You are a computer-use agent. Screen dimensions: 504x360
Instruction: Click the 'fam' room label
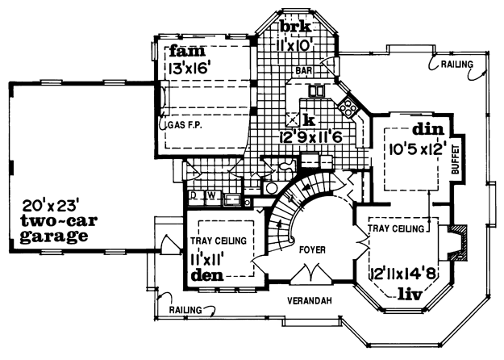pos(187,52)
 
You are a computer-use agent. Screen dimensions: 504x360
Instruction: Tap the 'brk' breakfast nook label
pos(295,27)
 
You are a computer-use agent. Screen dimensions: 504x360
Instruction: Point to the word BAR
pos(304,70)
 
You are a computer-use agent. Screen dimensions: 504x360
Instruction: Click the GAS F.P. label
pos(185,125)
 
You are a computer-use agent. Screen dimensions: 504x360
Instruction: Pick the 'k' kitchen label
pos(309,120)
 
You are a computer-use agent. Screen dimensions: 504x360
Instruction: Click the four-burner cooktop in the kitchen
pos(348,107)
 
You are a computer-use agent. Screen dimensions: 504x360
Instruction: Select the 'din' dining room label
pos(428,129)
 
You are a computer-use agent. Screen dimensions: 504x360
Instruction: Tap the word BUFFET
pos(456,160)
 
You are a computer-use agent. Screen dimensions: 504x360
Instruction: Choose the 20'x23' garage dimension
pos(51,205)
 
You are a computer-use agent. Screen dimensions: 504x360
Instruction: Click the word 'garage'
pos(54,237)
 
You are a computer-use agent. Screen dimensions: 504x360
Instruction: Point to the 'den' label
pos(207,275)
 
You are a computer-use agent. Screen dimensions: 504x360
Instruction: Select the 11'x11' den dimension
pos(207,259)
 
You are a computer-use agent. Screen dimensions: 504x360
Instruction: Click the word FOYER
pos(312,249)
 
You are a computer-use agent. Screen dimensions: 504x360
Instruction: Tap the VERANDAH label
pos(309,301)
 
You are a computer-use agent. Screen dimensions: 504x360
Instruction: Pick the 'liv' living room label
pos(410,295)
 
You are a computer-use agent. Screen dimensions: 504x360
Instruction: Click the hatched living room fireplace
pos(456,243)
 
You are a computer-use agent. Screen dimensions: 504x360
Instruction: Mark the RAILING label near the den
pos(185,310)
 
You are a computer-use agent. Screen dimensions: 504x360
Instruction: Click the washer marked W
pos(211,195)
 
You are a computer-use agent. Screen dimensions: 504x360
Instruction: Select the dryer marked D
pos(194,195)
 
